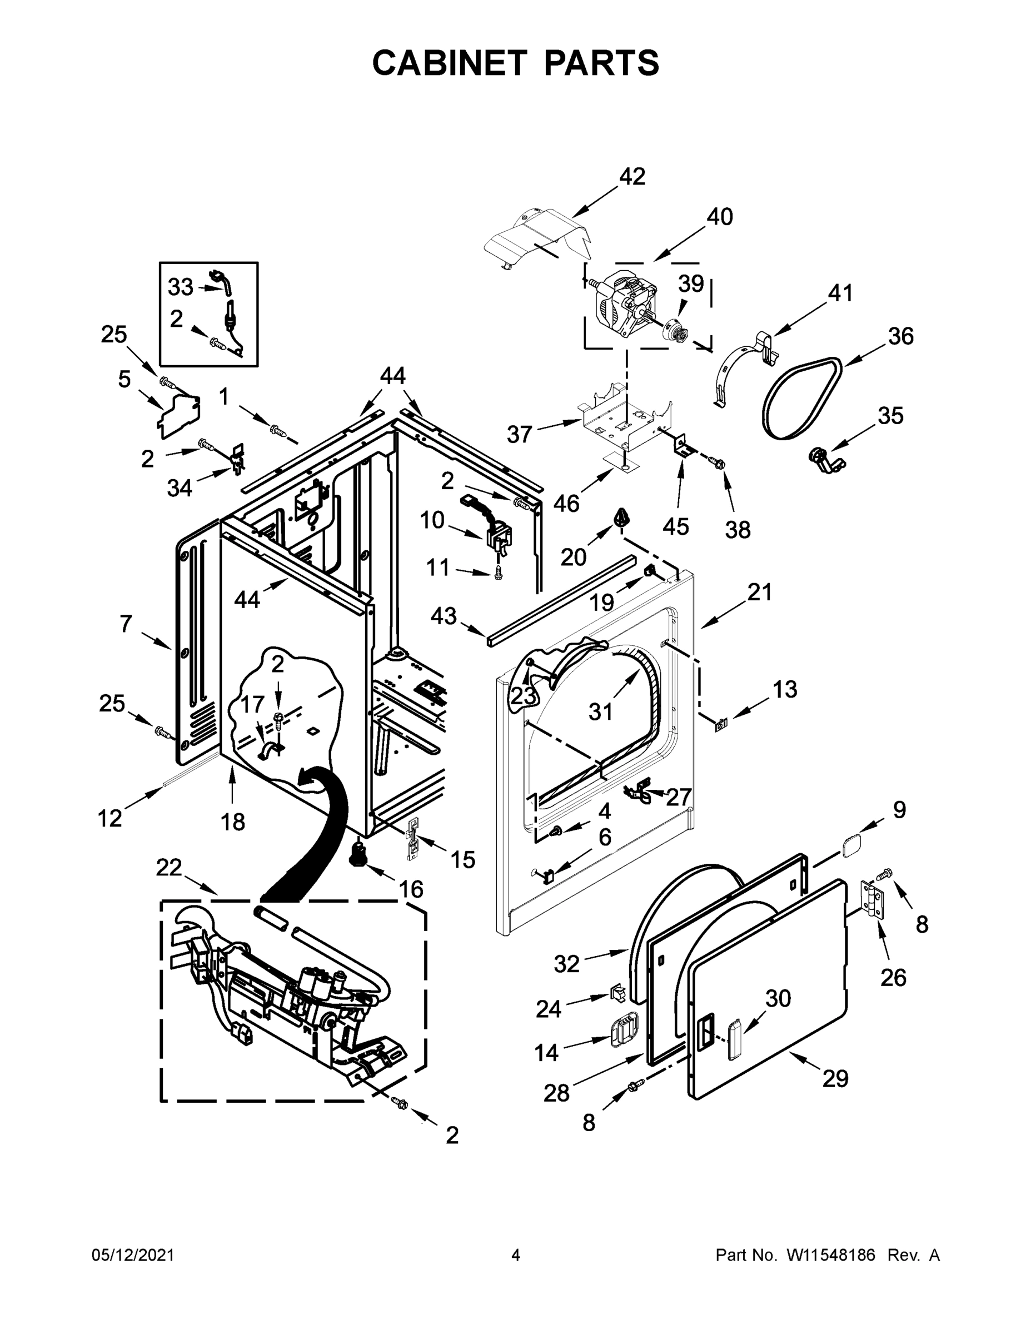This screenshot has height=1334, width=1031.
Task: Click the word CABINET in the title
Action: pyautogui.click(x=450, y=63)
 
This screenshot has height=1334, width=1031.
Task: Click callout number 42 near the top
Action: pyautogui.click(x=632, y=177)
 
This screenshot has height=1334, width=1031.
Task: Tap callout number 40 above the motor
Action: pyautogui.click(x=720, y=217)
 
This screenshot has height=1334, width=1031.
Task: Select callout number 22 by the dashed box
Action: pyautogui.click(x=168, y=867)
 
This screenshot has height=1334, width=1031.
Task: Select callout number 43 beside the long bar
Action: pyautogui.click(x=444, y=616)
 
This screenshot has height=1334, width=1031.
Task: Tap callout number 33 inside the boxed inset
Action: pyautogui.click(x=180, y=286)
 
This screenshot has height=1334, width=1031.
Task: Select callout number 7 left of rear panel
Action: pyautogui.click(x=125, y=624)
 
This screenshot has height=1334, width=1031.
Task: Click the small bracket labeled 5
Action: pyautogui.click(x=177, y=415)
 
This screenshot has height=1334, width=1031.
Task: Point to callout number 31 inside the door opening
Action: pyautogui.click(x=600, y=711)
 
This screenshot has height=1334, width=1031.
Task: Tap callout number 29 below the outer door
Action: pyautogui.click(x=835, y=1079)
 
